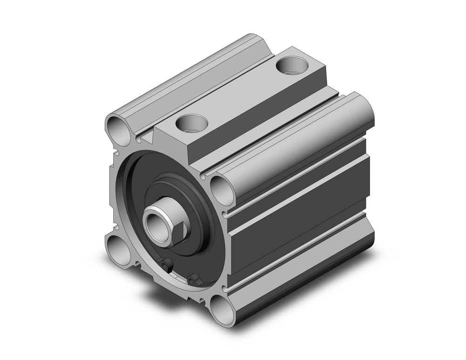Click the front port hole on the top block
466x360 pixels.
coord(192,123)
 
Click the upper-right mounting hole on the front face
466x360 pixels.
coord(222,189)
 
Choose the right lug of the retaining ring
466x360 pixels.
coord(192,280)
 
